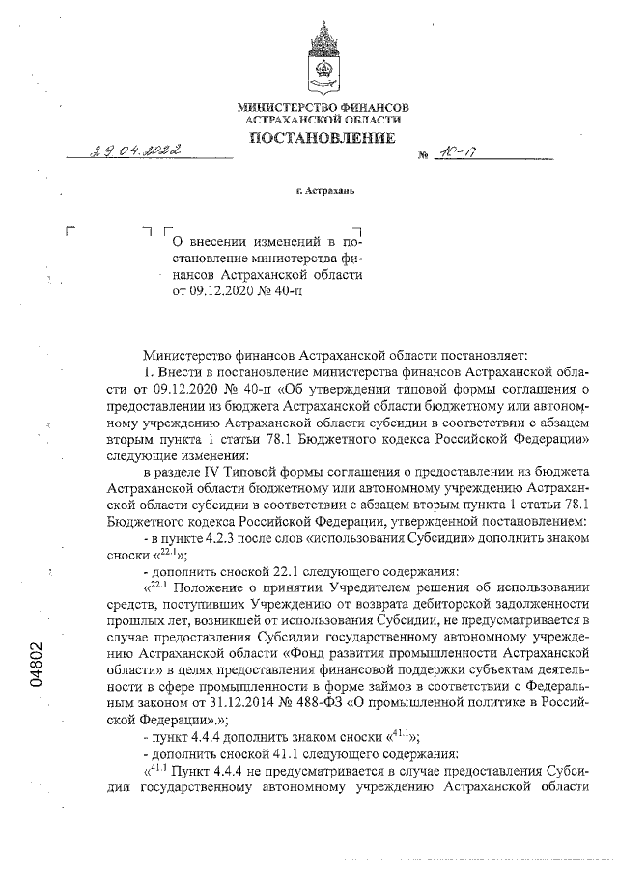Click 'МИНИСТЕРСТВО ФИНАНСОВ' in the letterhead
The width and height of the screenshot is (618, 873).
[x=323, y=105]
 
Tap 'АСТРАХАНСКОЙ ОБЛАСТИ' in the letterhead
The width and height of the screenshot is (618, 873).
[x=323, y=118]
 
